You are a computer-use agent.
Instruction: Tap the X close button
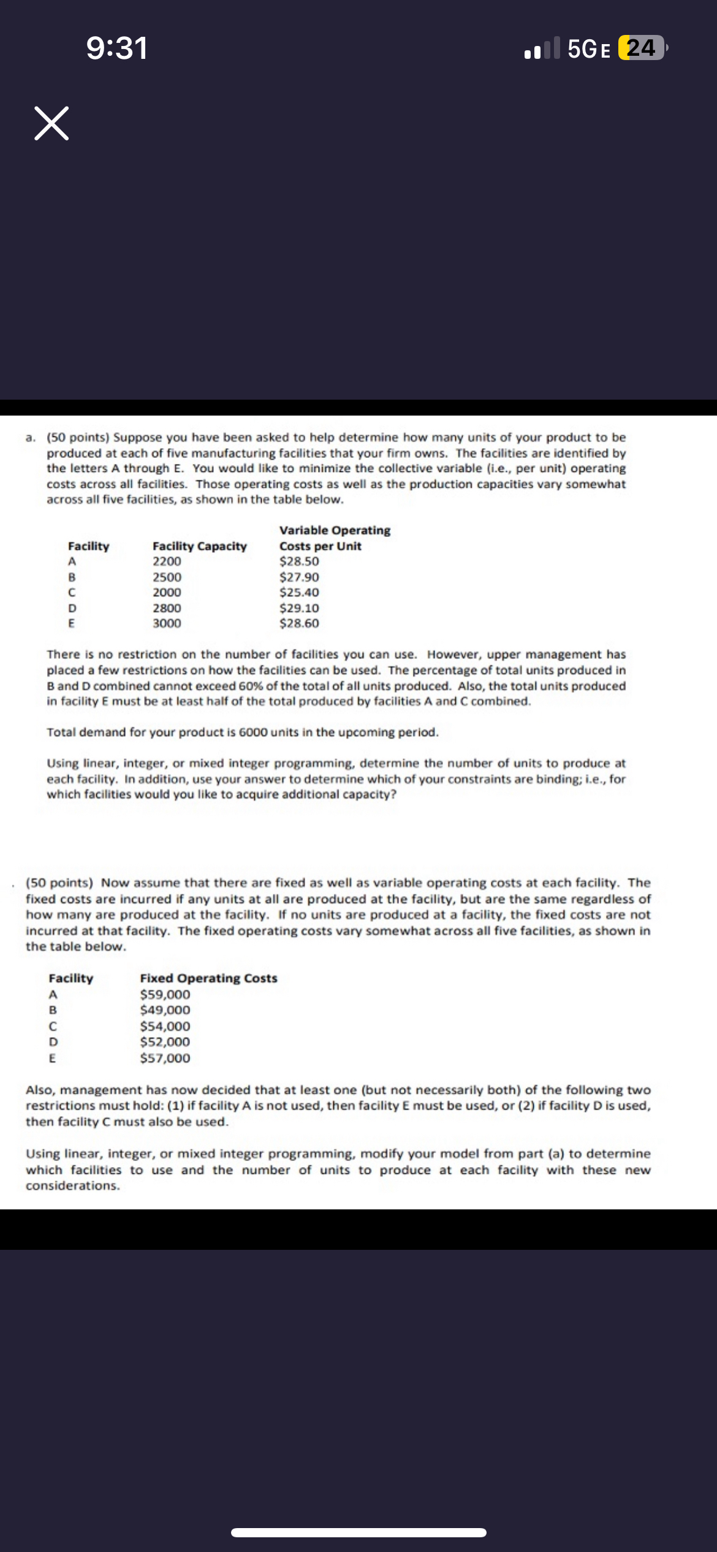(x=51, y=123)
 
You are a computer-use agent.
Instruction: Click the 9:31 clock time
(x=117, y=48)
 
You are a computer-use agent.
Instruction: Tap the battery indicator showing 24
(x=641, y=48)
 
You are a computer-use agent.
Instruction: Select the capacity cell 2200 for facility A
(x=167, y=561)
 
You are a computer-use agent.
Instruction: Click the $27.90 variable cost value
(x=299, y=577)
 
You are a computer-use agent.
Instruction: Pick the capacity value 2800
(x=167, y=608)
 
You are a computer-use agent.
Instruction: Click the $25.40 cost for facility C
(x=299, y=593)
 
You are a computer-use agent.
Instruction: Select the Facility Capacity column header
(x=199, y=546)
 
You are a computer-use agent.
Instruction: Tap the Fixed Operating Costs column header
(x=208, y=978)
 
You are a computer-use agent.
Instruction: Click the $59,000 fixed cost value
(x=165, y=994)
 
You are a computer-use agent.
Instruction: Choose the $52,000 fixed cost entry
(x=165, y=1041)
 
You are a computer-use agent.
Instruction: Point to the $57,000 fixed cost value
(x=165, y=1058)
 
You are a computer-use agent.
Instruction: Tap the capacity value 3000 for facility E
(x=167, y=623)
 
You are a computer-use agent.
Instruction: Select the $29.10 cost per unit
(x=299, y=608)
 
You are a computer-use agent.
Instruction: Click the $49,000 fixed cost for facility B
(x=165, y=1010)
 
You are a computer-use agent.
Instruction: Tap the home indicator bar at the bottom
(x=358, y=1532)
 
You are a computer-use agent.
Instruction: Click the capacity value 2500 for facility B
(x=167, y=577)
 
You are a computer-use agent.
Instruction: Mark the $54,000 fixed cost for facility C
(x=165, y=1026)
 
